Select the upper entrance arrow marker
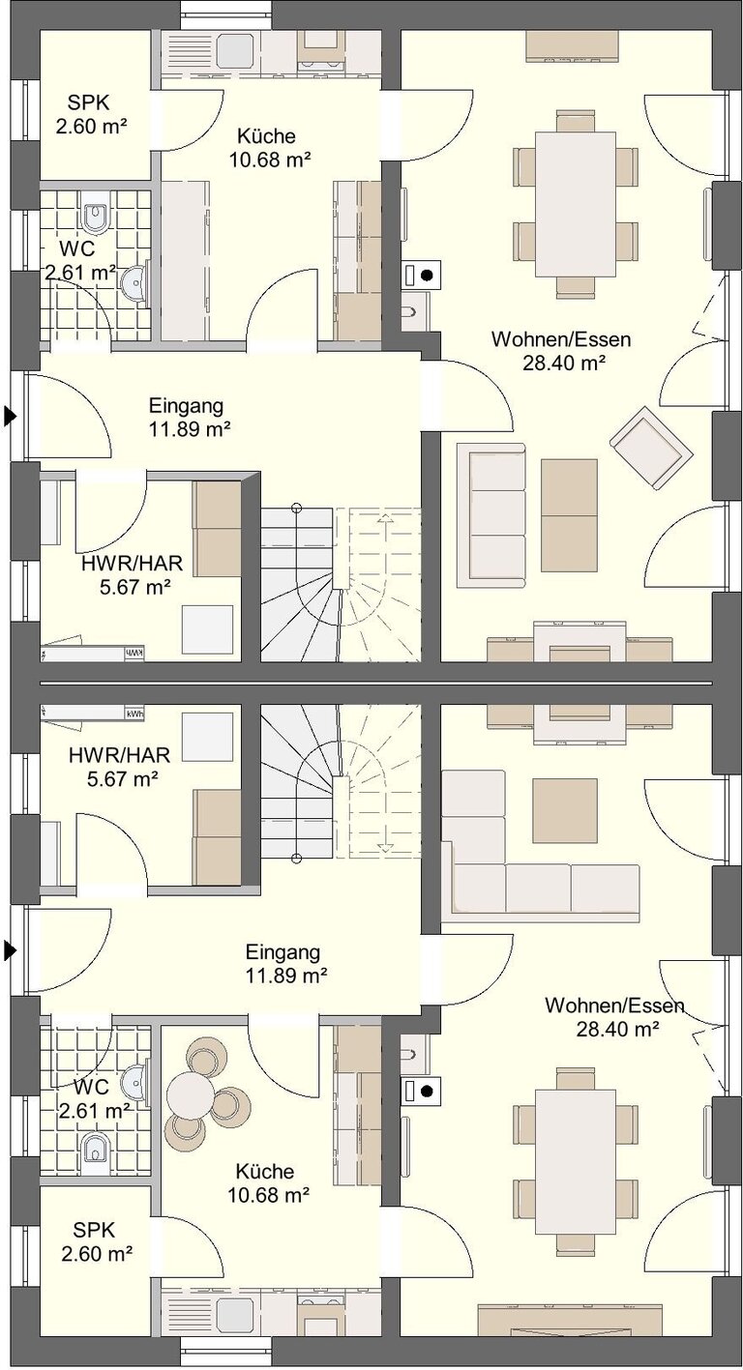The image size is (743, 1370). (x=10, y=416)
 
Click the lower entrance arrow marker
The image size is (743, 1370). (x=10, y=950)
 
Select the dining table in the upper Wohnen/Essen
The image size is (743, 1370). (x=576, y=204)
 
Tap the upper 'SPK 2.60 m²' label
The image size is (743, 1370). (x=92, y=114)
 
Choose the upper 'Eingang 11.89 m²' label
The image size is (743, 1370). (x=189, y=417)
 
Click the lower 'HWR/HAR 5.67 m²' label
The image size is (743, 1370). (x=119, y=767)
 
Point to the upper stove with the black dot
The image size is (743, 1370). (x=421, y=276)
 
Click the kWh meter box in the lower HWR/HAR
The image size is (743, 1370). (x=134, y=714)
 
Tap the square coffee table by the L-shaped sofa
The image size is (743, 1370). (x=564, y=811)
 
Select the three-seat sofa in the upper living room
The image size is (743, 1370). (x=491, y=514)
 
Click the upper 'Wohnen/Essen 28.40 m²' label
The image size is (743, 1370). (x=560, y=351)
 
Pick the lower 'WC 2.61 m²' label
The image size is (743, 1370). (x=94, y=1097)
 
